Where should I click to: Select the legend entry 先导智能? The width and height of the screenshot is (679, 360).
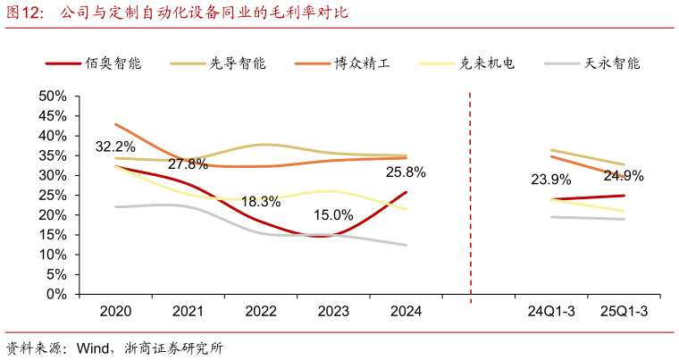(235, 63)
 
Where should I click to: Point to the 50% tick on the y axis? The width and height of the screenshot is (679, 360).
(53, 96)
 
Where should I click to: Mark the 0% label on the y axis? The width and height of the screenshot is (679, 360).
(56, 294)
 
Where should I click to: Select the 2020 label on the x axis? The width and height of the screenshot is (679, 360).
(115, 312)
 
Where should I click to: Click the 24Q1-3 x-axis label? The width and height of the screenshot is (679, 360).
(551, 312)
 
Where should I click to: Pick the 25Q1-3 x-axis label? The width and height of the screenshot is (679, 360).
(624, 312)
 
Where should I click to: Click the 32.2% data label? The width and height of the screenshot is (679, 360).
(115, 147)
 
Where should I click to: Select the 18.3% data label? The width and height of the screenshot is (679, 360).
(260, 202)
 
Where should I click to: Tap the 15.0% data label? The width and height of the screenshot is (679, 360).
(333, 215)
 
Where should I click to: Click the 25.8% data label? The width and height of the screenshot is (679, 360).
(406, 172)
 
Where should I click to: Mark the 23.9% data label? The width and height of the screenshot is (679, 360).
(550, 180)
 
